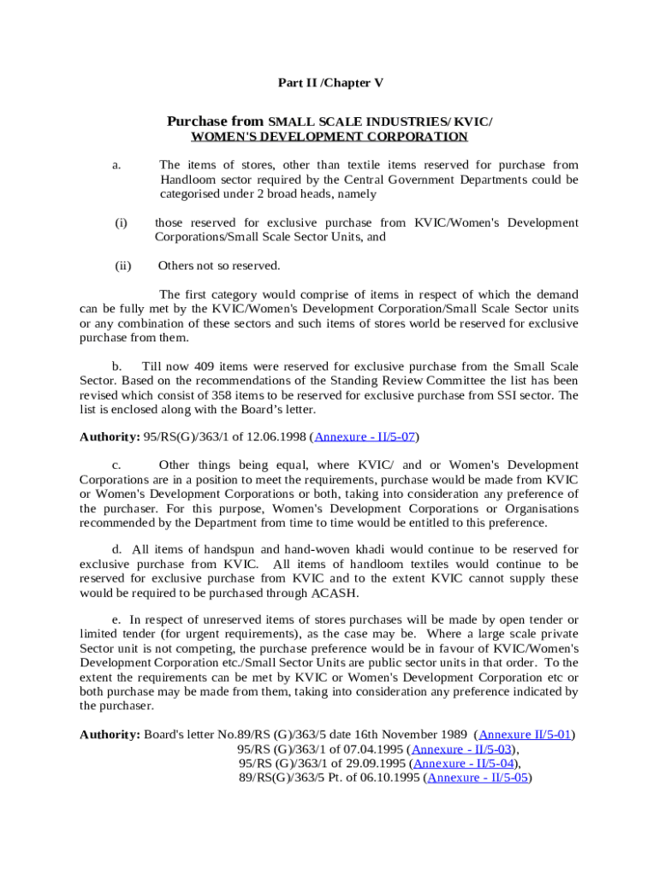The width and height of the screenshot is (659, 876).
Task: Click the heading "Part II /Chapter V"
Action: pos(330,83)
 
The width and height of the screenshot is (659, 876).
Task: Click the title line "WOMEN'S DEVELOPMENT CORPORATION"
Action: pos(329,137)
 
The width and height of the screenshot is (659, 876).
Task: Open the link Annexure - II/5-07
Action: pos(365,436)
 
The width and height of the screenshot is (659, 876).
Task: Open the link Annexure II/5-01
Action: pos(525,735)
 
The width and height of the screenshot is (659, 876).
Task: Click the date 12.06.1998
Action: pos(276,436)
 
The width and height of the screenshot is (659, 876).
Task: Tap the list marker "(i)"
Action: pos(121,223)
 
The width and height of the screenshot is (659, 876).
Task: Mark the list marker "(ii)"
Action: pos(122,266)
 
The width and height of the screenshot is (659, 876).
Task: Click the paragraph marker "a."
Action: pos(116,165)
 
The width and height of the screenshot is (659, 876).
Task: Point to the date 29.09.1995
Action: pos(379,764)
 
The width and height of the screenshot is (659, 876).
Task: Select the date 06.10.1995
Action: pos(392,778)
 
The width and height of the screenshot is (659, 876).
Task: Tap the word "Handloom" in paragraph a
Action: pos(186,180)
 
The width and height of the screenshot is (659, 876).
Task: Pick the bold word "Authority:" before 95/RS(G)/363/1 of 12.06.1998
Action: pos(110,436)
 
